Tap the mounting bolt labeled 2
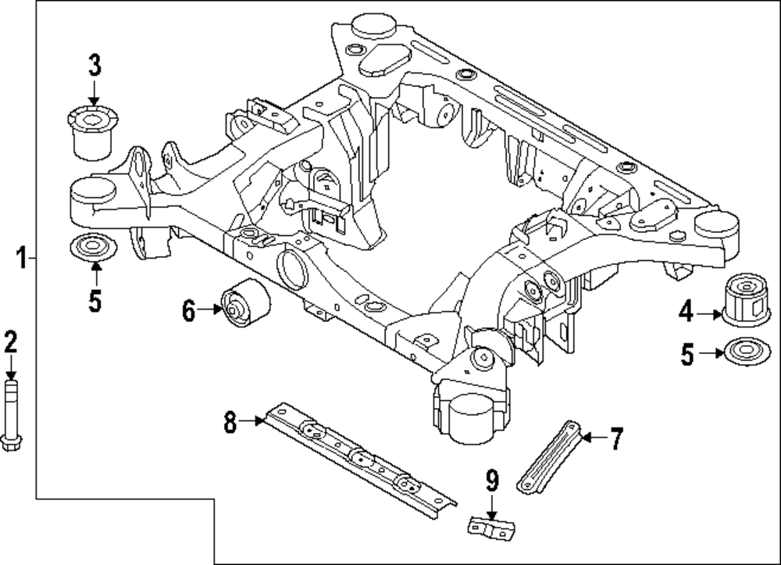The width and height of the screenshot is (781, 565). point(12,414)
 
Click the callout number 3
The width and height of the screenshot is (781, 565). point(94,66)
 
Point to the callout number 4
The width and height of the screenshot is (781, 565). point(686,313)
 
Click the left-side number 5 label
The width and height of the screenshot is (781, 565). point(95,301)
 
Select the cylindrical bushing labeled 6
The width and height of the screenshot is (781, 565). point(244,303)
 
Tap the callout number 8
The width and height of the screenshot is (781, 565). point(230,422)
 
